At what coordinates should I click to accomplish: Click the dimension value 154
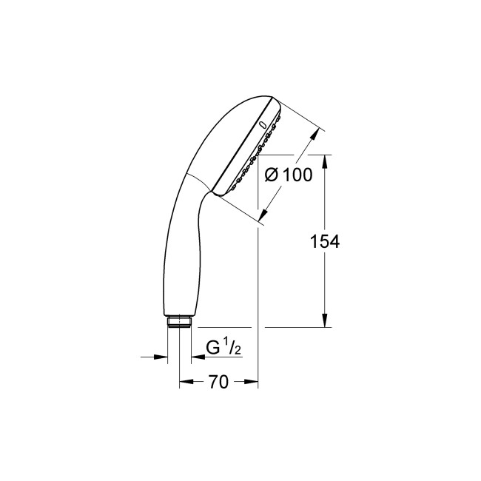[324, 241]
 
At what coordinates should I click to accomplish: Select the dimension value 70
[217, 382]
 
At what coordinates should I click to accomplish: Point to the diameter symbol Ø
[271, 175]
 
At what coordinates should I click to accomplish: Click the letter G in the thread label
[212, 346]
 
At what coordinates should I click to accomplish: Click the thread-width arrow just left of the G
[195, 357]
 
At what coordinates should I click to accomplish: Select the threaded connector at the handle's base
[178, 321]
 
